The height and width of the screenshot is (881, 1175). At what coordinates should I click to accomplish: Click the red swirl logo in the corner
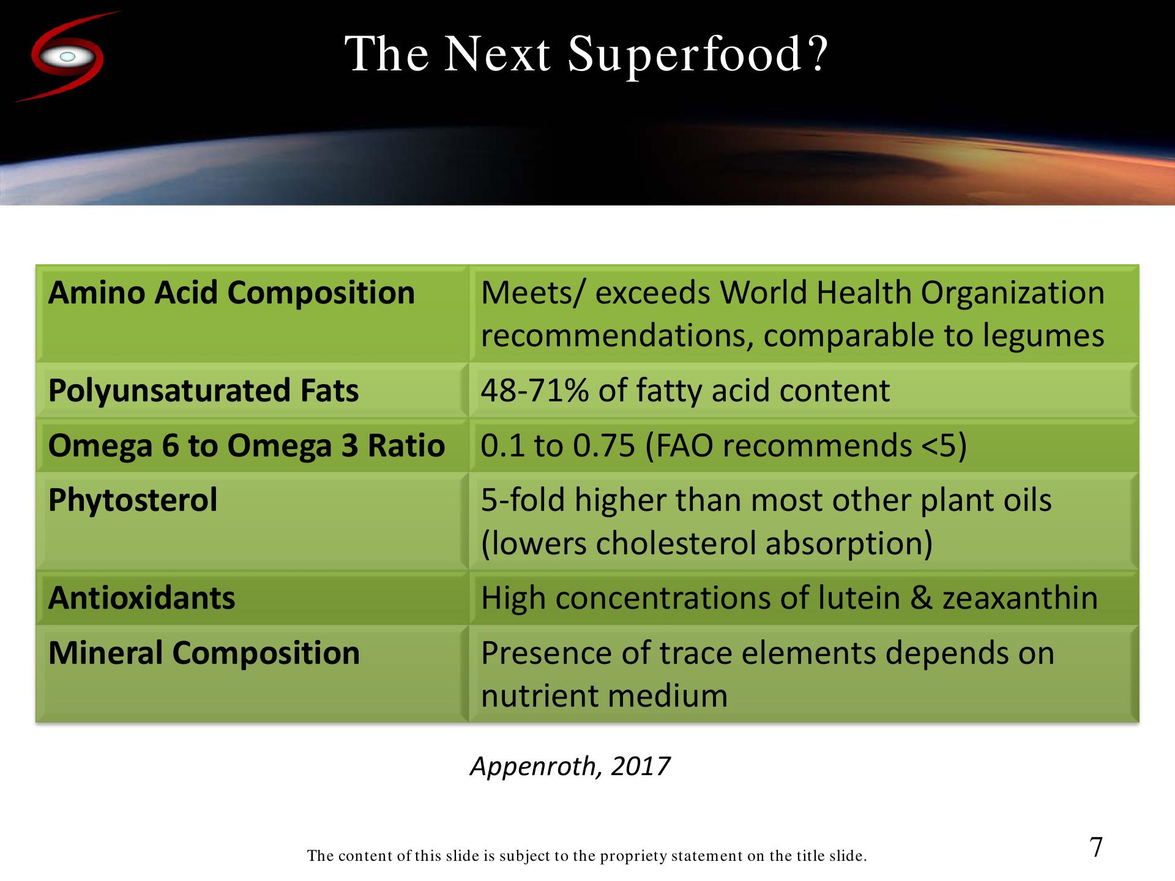[67, 57]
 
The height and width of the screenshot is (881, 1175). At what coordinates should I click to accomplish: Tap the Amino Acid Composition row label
[231, 292]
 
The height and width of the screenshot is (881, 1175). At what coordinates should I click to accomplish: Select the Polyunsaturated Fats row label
[203, 391]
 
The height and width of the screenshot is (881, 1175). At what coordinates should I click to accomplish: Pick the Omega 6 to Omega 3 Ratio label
[246, 445]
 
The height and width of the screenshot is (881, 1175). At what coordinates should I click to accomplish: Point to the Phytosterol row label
[133, 500]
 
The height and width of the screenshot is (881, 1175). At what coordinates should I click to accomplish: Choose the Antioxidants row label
[141, 598]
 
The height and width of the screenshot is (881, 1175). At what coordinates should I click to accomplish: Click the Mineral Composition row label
[204, 653]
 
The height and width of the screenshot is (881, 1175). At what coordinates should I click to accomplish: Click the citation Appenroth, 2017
[570, 766]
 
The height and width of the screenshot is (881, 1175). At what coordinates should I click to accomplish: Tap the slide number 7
[1096, 847]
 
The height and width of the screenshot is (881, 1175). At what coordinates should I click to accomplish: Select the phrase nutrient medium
[604, 696]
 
